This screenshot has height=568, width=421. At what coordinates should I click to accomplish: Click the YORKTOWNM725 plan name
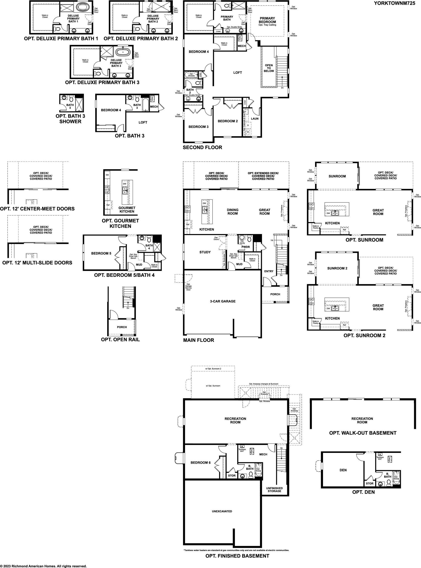[396, 3]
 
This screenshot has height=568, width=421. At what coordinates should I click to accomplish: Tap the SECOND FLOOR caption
[202, 147]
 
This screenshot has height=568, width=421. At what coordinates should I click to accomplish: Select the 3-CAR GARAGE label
[223, 301]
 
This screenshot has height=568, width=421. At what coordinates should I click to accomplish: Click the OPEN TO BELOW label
[269, 68]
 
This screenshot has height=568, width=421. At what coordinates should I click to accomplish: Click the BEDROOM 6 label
[201, 463]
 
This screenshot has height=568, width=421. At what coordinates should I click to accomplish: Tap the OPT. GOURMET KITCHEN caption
[120, 223]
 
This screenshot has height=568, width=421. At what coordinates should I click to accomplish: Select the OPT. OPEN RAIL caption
[120, 339]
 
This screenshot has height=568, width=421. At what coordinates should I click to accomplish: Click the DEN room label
[343, 470]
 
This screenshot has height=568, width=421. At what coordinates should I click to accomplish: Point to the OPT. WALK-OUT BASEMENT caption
[363, 433]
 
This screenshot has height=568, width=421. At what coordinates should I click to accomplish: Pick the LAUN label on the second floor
[255, 118]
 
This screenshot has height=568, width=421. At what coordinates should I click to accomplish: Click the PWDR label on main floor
[245, 247]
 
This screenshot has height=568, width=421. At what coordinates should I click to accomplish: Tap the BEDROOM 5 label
[101, 253]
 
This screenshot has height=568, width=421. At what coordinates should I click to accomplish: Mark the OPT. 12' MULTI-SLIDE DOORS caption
[37, 263]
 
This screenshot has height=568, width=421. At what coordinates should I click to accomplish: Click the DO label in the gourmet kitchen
[107, 175]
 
